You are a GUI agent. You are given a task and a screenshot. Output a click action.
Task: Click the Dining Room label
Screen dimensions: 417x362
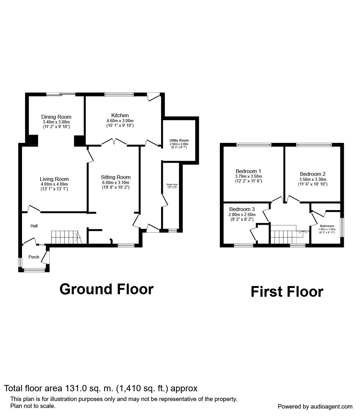click(56, 117)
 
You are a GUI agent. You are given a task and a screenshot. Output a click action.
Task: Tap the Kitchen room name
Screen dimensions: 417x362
click(120, 115)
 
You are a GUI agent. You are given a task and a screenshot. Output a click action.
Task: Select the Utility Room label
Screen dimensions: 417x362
click(179, 140)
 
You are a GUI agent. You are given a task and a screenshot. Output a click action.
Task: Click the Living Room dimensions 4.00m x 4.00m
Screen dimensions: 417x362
click(54, 184)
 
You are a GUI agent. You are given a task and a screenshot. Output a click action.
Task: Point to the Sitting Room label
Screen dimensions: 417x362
click(116, 177)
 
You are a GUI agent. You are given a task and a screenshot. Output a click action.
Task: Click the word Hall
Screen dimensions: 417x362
click(34, 226)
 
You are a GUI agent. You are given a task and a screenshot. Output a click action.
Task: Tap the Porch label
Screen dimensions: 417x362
click(34, 257)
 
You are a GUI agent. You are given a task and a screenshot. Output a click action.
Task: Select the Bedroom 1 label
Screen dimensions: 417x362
click(248, 171)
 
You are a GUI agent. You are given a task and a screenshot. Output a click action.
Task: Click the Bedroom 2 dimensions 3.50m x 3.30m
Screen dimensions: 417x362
click(313, 179)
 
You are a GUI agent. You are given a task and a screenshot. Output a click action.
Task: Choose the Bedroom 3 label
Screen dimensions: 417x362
click(242, 209)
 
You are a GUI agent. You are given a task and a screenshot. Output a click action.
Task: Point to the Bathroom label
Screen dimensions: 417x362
click(327, 226)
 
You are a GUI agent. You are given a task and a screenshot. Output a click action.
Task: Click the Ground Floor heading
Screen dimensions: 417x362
click(106, 289)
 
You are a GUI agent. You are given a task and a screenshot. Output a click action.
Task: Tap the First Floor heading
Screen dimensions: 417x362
click(287, 291)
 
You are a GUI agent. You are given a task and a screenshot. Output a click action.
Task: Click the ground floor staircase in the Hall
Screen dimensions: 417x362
click(66, 237)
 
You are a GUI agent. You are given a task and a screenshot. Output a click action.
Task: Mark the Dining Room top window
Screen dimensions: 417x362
click(61, 94)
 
